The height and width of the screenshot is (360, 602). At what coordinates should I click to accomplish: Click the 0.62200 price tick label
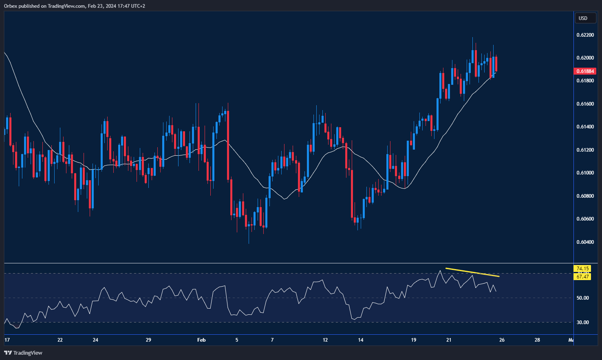pos(585,35)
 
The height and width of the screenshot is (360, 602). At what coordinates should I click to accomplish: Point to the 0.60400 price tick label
pos(585,242)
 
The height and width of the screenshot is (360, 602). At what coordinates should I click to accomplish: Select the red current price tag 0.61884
pos(585,71)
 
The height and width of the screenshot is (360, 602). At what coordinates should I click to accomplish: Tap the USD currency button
pos(583,18)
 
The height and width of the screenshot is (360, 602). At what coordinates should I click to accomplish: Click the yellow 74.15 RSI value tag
pos(582,269)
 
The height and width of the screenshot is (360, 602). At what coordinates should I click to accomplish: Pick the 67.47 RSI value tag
pos(582,277)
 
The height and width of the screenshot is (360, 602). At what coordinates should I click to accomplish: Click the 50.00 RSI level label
pos(582,298)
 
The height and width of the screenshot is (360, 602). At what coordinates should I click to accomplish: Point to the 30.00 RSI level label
pos(582,322)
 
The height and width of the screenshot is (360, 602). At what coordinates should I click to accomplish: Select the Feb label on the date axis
pos(201,340)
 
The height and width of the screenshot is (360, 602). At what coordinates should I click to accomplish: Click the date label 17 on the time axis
pos(7,340)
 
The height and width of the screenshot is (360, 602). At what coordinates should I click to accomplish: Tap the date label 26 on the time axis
pos(502,340)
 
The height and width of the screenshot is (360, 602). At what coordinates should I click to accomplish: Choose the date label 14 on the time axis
pos(360,340)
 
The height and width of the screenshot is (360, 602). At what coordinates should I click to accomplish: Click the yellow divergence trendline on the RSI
pos(472,272)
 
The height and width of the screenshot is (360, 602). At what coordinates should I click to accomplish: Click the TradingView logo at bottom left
pos(23,353)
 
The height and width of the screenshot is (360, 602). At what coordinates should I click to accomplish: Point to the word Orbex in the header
pos(11,6)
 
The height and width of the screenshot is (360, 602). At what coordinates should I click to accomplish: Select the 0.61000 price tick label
pos(585,173)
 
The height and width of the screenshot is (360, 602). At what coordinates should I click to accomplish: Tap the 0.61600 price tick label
pos(585,104)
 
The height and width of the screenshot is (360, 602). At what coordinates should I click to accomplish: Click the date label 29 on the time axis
pos(148,340)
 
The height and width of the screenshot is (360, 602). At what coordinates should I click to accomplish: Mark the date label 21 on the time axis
pos(449,340)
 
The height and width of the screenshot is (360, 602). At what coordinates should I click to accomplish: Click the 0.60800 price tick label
pos(585,196)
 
